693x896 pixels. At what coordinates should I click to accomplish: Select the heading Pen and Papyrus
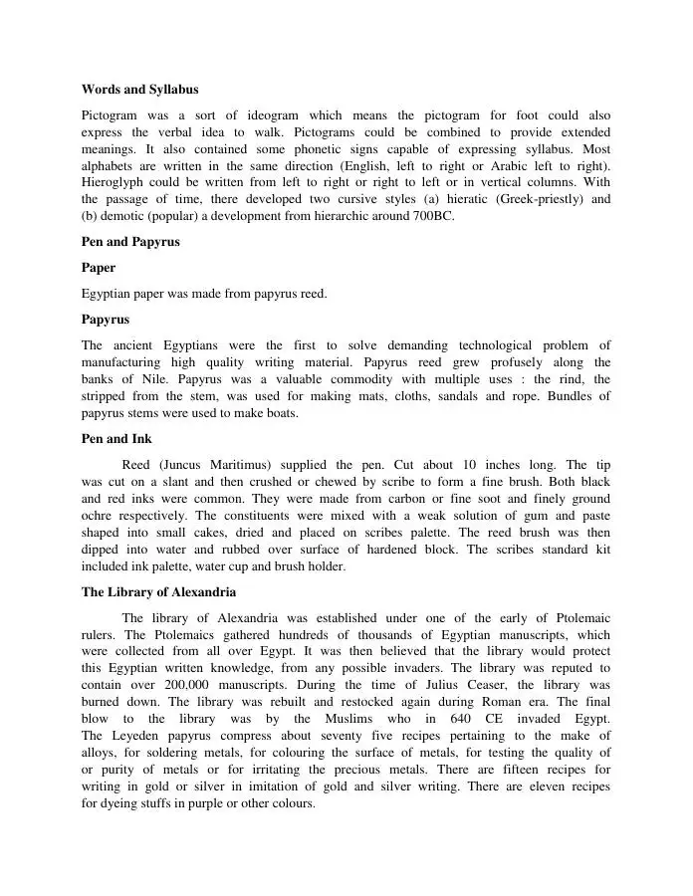pyautogui.click(x=130, y=242)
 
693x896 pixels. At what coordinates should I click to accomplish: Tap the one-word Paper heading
pyautogui.click(x=99, y=268)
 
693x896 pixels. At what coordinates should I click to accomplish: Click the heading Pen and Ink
pyautogui.click(x=116, y=438)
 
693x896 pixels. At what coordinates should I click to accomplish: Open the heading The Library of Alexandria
pyautogui.click(x=158, y=592)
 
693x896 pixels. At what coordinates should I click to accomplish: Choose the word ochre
pyautogui.click(x=101, y=516)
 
